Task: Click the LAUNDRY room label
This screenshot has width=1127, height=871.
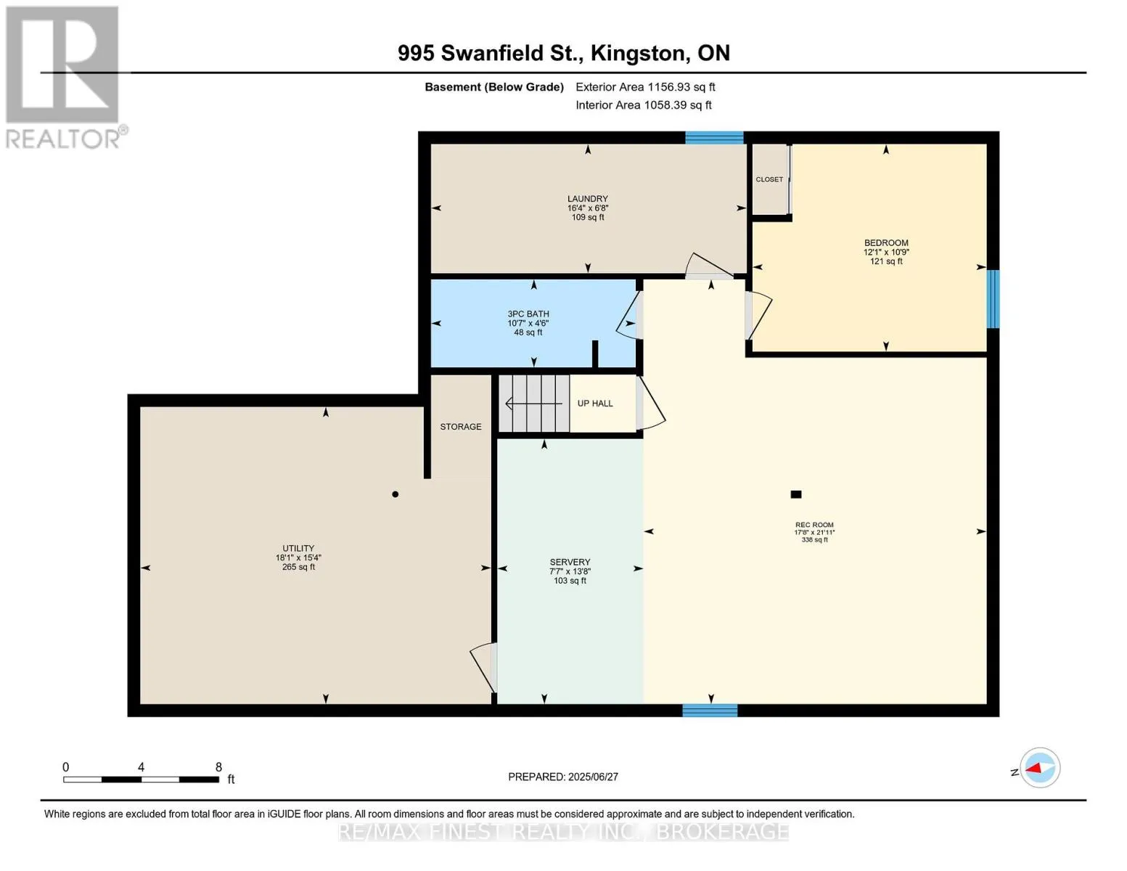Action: [588, 199]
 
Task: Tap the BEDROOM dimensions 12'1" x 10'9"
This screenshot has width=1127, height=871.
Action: [886, 252]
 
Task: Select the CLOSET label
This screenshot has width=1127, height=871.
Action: [769, 179]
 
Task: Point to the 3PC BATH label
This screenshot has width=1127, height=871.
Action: [528, 314]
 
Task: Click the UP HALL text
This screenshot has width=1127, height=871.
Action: [595, 403]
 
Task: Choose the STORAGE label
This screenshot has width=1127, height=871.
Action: [461, 426]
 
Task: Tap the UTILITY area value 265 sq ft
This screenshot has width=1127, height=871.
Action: [298, 567]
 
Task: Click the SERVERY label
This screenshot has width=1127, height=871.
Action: [570, 562]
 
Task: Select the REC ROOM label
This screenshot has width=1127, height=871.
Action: [814, 525]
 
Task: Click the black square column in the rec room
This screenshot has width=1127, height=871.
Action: [795, 494]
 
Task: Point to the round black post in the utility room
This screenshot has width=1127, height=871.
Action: [396, 494]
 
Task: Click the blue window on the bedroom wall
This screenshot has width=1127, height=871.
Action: [992, 299]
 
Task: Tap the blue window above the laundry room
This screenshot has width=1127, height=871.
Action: [714, 137]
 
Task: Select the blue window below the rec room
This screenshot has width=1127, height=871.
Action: [710, 710]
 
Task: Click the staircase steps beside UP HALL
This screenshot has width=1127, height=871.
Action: [534, 403]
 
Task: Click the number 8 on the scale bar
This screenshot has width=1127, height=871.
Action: [218, 767]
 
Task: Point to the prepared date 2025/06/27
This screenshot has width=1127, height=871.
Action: [592, 777]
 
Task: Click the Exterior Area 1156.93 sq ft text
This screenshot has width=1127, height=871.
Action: [645, 87]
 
